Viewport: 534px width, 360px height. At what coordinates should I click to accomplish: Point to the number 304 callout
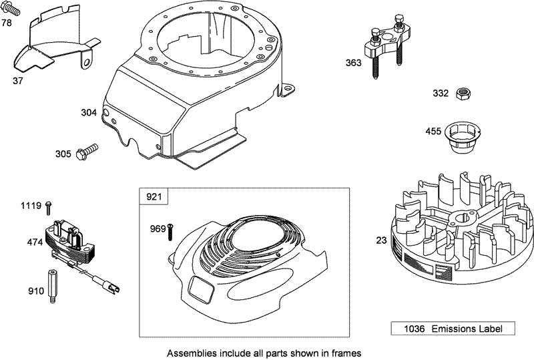point(89,113)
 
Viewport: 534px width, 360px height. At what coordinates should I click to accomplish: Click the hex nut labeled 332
point(461,94)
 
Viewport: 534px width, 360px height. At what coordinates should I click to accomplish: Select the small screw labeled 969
point(171,230)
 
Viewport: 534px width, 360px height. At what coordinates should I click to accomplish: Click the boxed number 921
point(153,196)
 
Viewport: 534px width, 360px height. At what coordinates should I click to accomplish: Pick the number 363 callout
point(354,63)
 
